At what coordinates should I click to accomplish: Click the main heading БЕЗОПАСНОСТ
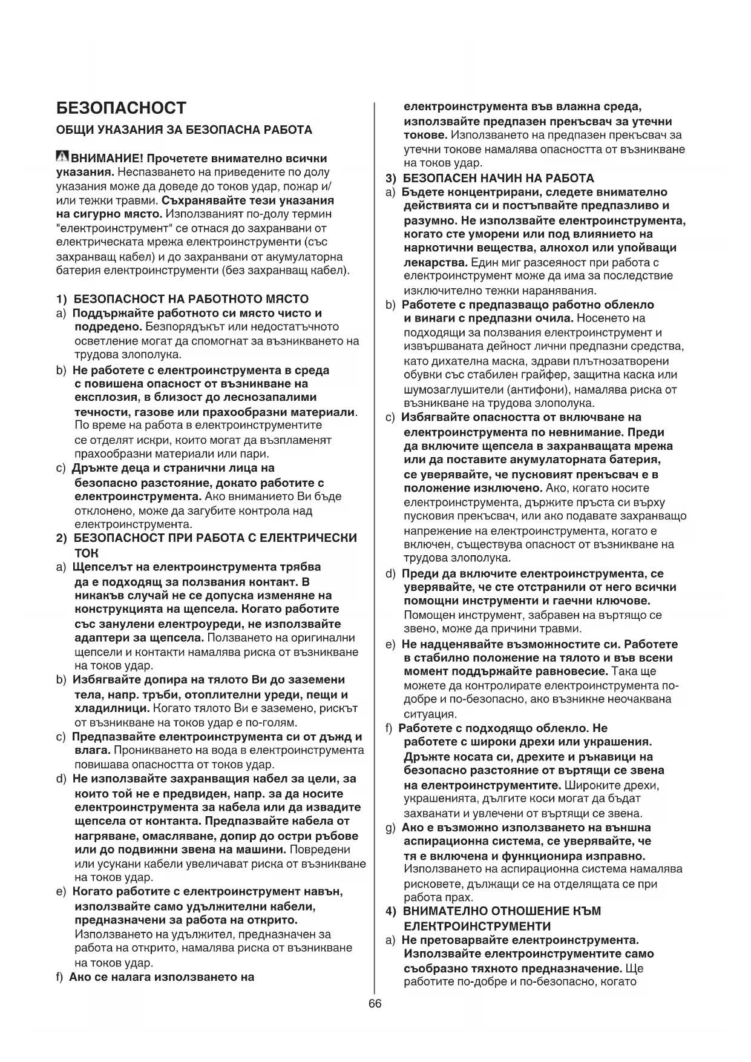[x=121, y=108]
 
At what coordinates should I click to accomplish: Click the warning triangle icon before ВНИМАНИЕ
[x=62, y=157]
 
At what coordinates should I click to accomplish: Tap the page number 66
[x=375, y=1003]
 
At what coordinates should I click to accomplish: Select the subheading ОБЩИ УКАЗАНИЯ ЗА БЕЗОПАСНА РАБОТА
[x=184, y=130]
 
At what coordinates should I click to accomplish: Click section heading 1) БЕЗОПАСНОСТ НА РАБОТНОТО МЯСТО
[x=182, y=299]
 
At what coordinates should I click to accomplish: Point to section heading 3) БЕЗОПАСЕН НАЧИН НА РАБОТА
[x=491, y=178]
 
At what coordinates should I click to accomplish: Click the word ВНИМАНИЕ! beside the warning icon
[x=107, y=159]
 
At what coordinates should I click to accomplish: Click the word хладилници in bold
[x=111, y=708]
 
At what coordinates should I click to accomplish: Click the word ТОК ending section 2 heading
[x=86, y=553]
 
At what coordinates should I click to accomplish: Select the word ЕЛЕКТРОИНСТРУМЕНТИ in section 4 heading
[x=477, y=926]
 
